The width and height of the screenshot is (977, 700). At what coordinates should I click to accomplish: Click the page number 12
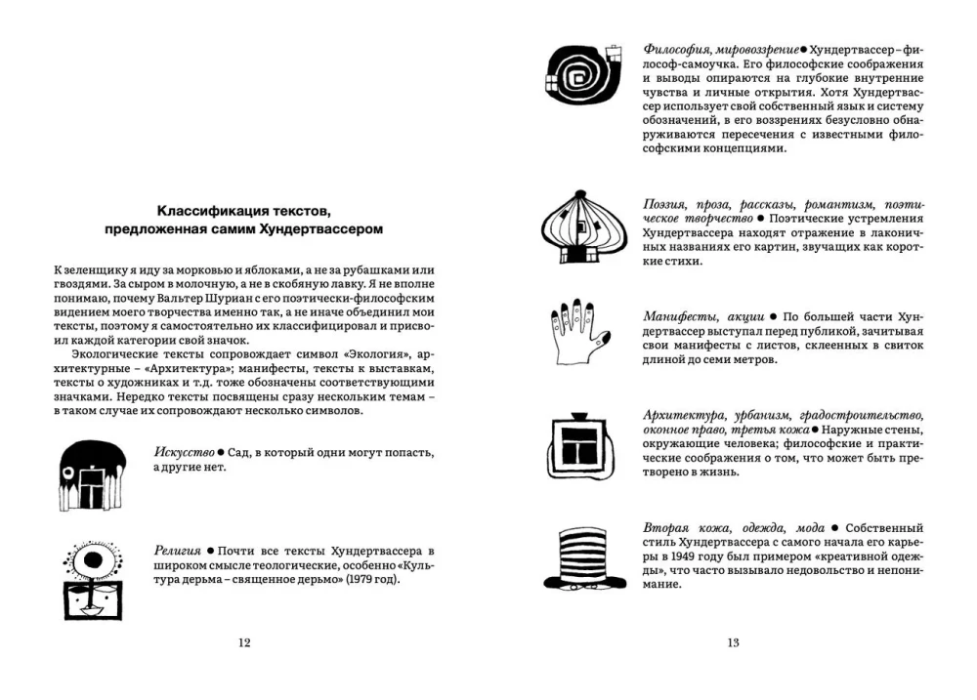[x=244, y=642]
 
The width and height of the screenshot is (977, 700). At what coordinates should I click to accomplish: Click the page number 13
[x=732, y=642]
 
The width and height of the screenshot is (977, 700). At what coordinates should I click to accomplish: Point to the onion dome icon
[x=583, y=226]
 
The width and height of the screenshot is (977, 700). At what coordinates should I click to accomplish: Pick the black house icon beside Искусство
[x=92, y=474]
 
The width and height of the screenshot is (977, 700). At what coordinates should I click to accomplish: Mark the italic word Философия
[x=677, y=48]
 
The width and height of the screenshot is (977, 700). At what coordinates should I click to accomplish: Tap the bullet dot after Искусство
[x=222, y=454]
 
